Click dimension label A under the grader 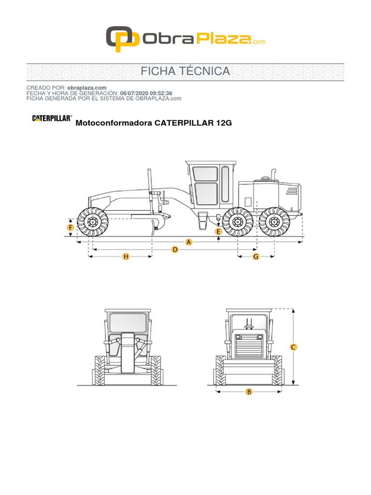tap(189, 242)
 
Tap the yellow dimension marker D tap(175, 249)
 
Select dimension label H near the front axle tap(126, 257)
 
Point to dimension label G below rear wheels tap(256, 257)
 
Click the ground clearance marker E tap(219, 232)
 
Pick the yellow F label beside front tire tap(71, 227)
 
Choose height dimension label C tap(293, 347)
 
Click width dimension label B tap(249, 392)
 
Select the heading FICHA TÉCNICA tap(185, 72)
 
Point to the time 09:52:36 tap(160, 93)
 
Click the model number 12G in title tap(224, 123)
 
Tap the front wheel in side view tap(92, 222)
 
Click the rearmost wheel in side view tap(274, 222)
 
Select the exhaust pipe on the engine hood tap(273, 174)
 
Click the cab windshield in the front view tap(128, 322)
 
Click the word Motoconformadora tap(114, 123)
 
